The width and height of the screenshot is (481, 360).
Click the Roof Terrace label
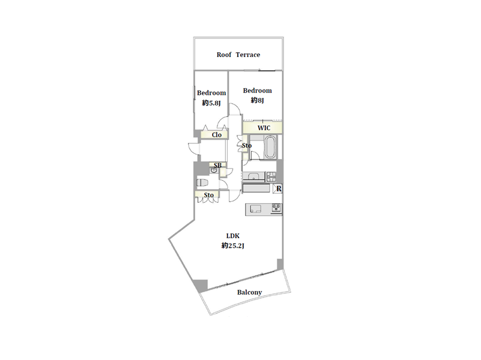coord(238,55)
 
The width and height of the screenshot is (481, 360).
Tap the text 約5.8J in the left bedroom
coord(211,103)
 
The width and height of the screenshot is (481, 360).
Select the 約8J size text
coord(257,100)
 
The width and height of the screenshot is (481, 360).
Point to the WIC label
coord(264,128)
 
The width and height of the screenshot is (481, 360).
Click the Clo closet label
coord(217,135)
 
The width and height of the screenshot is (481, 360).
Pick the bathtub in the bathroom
coord(270,147)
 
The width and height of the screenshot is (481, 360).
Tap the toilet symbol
coord(202,182)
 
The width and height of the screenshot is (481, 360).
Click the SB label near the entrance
coord(217,166)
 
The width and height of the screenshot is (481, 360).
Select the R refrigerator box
coord(277,188)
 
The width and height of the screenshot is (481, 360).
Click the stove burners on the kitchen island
coord(276,208)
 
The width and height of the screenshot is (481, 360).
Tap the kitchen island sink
coord(256,209)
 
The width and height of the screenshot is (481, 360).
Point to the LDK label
coord(233,236)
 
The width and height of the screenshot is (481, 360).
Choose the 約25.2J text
coord(233,246)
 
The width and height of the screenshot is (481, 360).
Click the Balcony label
coord(249,292)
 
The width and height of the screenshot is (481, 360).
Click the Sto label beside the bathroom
coord(247,146)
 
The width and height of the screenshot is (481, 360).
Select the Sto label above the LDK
coord(208,195)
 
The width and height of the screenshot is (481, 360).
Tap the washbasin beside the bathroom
coord(253,177)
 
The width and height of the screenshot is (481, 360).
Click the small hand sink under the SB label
coord(214,170)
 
